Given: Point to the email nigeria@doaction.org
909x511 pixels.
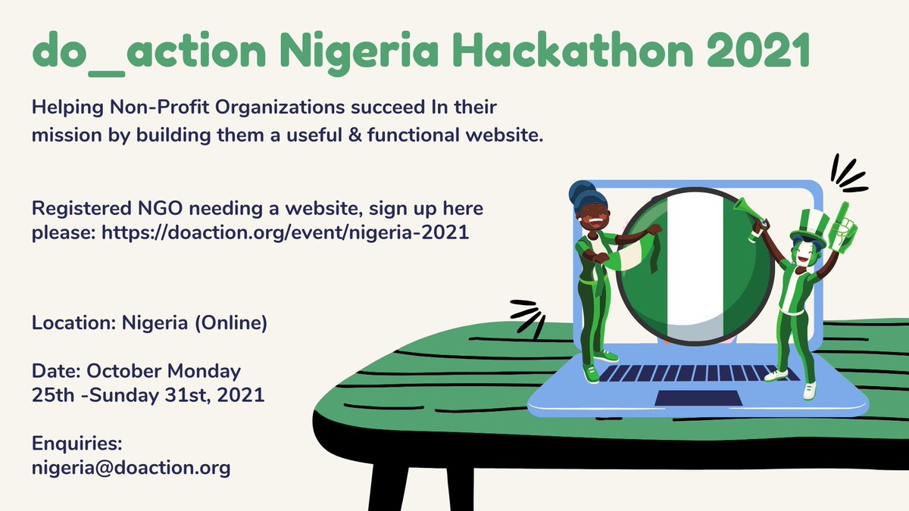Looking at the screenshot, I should [x=131, y=469].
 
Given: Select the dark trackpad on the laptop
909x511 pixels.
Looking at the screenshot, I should [x=686, y=397].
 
